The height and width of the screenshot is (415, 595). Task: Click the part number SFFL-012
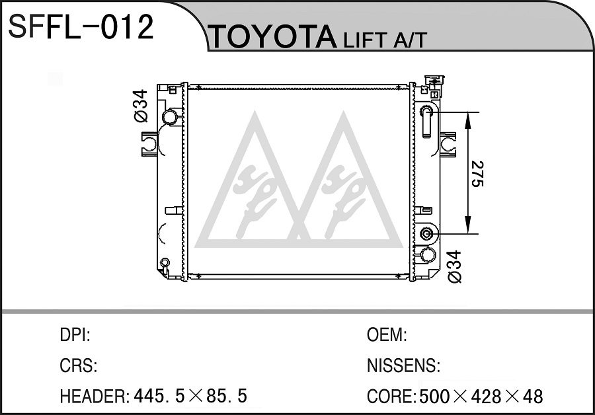click(x=81, y=26)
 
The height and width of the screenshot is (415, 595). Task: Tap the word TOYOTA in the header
click(x=273, y=37)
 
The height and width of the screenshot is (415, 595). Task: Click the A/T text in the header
click(x=410, y=40)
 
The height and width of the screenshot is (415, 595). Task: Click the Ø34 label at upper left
click(x=141, y=106)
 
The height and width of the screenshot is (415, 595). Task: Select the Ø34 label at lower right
click(x=455, y=266)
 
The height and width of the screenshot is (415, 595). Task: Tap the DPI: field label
click(x=75, y=335)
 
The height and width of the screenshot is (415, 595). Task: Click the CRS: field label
click(x=79, y=365)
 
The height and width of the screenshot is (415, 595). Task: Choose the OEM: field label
click(x=387, y=335)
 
